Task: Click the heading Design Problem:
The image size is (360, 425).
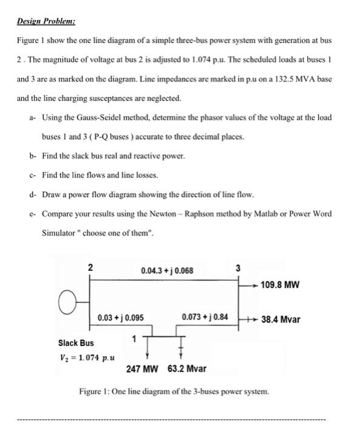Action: pyautogui.click(x=46, y=21)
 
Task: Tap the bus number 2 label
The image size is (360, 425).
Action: pyautogui.click(x=90, y=267)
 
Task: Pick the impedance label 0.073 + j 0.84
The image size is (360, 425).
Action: pyautogui.click(x=205, y=318)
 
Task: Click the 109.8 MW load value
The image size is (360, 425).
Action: pyautogui.click(x=280, y=284)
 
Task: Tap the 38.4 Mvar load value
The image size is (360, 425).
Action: pyautogui.click(x=280, y=319)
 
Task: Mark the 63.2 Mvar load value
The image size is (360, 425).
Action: pyautogui.click(x=187, y=369)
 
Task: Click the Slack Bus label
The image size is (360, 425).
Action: pyautogui.click(x=76, y=342)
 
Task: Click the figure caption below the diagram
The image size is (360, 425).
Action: pyautogui.click(x=174, y=392)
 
